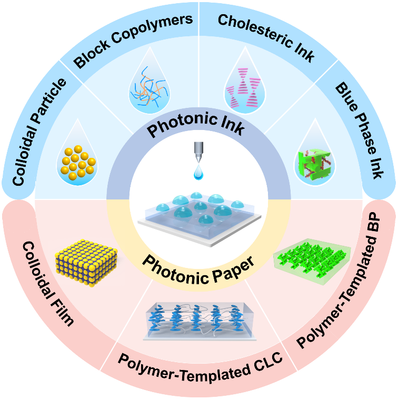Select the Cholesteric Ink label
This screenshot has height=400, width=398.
(x=266, y=38)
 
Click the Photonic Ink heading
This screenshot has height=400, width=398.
(x=198, y=124)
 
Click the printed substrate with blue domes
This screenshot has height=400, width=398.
(x=198, y=216)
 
